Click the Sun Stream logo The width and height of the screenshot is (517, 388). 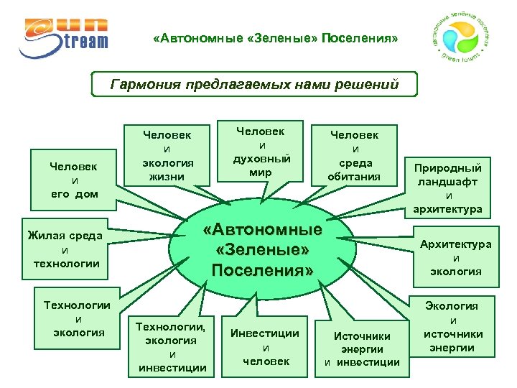pyautogui.click(x=65, y=36)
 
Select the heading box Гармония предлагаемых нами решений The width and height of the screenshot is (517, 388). pyautogui.click(x=255, y=85)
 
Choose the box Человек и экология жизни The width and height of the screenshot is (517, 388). pyautogui.click(x=168, y=154)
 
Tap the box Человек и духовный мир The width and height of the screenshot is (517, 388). pyautogui.click(x=261, y=152)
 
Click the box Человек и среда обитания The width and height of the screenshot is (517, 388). pyautogui.click(x=354, y=155)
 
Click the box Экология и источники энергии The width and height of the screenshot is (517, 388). pyautogui.click(x=453, y=327)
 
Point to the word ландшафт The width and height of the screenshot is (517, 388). pyautogui.click(x=449, y=182)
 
